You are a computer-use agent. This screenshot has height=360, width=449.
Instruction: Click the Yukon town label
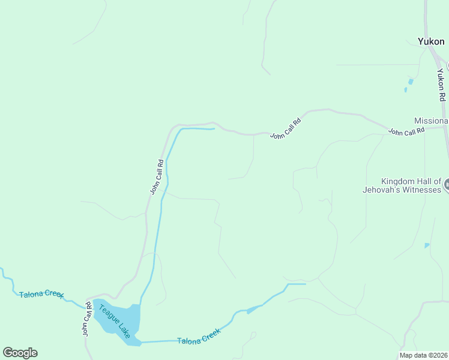(431, 41)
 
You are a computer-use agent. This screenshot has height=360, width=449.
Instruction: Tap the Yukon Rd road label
(442, 85)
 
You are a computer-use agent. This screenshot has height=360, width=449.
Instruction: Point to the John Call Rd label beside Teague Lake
(87, 322)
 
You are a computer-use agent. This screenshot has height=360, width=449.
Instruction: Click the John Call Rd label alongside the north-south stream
(157, 176)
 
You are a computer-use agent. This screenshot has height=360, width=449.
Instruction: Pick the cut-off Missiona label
(431, 121)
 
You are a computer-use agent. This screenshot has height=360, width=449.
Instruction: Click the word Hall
(429, 181)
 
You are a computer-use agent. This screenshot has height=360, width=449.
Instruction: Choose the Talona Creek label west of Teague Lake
(41, 294)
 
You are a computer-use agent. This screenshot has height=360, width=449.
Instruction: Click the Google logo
(20, 352)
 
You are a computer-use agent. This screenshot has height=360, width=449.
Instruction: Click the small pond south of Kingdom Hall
(427, 245)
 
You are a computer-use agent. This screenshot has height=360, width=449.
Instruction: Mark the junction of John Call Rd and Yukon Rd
(445, 126)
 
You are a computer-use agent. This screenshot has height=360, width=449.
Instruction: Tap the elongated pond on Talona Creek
(255, 309)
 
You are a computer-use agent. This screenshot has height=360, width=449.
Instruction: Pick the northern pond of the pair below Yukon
(411, 81)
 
